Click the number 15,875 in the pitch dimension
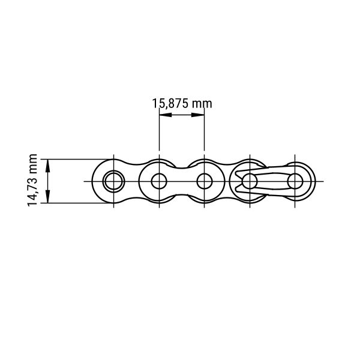click(x=170, y=104)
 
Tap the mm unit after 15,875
click(x=202, y=104)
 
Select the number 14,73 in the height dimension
click(x=32, y=192)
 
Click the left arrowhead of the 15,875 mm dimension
click(x=166, y=115)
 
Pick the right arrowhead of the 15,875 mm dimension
click(x=198, y=115)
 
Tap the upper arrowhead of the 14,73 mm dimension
click(x=48, y=166)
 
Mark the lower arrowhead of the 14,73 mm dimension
click(x=48, y=197)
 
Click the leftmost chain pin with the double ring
click(x=113, y=181)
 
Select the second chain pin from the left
click(x=159, y=181)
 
